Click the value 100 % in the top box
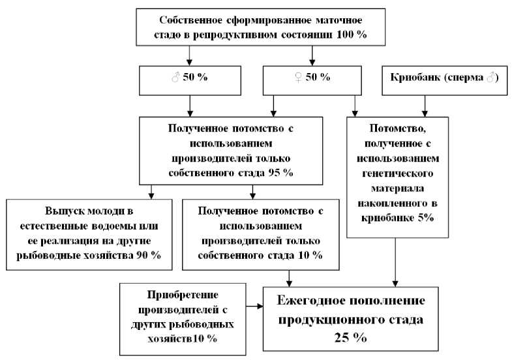coord(352,35)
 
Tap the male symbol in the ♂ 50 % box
coord(175,78)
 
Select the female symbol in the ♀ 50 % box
coord(298,78)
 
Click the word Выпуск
coord(61,211)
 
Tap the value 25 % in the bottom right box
coord(350,337)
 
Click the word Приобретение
coord(183,295)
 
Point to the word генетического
coord(397,173)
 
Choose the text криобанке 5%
coord(397,218)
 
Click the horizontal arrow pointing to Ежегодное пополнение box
coord(254,306)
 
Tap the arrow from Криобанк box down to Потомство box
coord(425,106)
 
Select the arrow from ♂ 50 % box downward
coord(190,106)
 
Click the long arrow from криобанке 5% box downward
coord(395,262)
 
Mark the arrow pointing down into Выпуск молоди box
coord(151,192)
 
